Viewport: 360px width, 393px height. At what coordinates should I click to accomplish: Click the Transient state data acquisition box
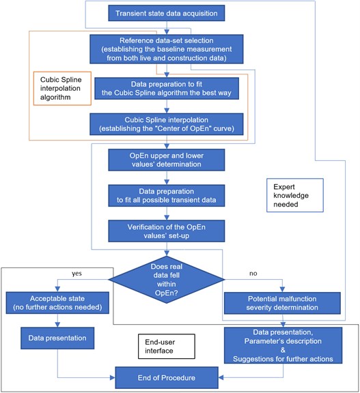(x=166, y=13)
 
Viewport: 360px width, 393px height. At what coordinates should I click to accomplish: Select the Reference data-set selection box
(x=166, y=49)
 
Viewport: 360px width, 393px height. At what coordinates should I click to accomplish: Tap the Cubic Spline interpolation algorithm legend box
(x=62, y=89)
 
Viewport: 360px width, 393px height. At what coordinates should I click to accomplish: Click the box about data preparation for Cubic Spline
(x=166, y=89)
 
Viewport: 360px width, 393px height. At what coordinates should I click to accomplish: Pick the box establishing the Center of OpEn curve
(x=166, y=124)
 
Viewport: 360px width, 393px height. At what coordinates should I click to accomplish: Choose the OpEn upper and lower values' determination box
(x=166, y=160)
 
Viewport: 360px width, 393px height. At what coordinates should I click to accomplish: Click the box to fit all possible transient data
(x=166, y=196)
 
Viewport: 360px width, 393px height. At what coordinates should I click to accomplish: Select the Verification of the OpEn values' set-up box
(x=166, y=231)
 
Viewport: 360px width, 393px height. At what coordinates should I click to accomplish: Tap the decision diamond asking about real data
(x=166, y=280)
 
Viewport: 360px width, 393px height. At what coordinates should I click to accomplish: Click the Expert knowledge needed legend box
(x=295, y=195)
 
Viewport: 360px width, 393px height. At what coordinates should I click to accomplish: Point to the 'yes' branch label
(x=77, y=274)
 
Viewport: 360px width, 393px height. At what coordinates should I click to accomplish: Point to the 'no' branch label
(x=253, y=274)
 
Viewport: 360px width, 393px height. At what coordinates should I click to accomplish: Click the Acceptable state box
(x=57, y=303)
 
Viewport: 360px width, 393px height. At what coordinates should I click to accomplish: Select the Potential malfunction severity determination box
(x=282, y=303)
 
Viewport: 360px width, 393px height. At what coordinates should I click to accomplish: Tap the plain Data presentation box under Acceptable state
(x=57, y=338)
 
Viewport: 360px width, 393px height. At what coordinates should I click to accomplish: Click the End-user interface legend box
(x=166, y=347)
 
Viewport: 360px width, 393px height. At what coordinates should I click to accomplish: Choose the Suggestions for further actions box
(x=283, y=345)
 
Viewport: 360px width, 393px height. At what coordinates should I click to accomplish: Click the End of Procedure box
(x=166, y=378)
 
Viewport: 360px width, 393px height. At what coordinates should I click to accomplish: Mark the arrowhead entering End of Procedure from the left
(x=113, y=377)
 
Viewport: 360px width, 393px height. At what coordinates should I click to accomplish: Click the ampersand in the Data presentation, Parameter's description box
(x=283, y=350)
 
